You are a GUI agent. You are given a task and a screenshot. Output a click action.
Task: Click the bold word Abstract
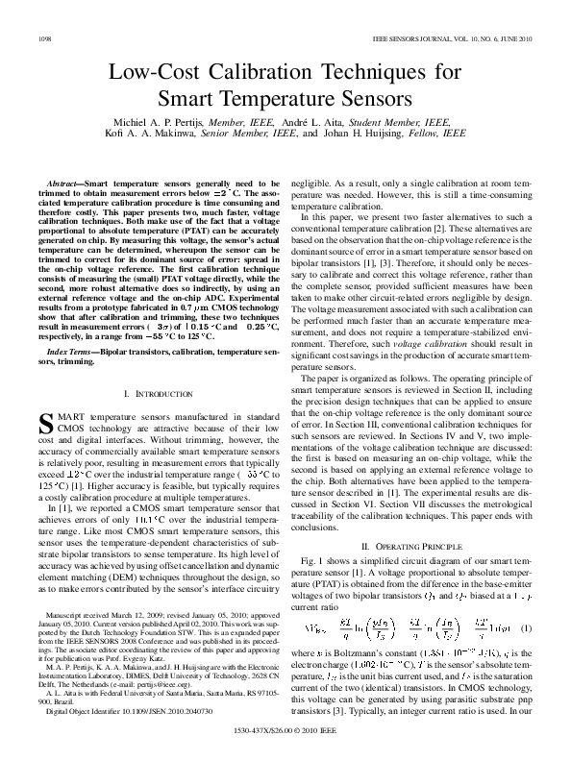click(x=64, y=182)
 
